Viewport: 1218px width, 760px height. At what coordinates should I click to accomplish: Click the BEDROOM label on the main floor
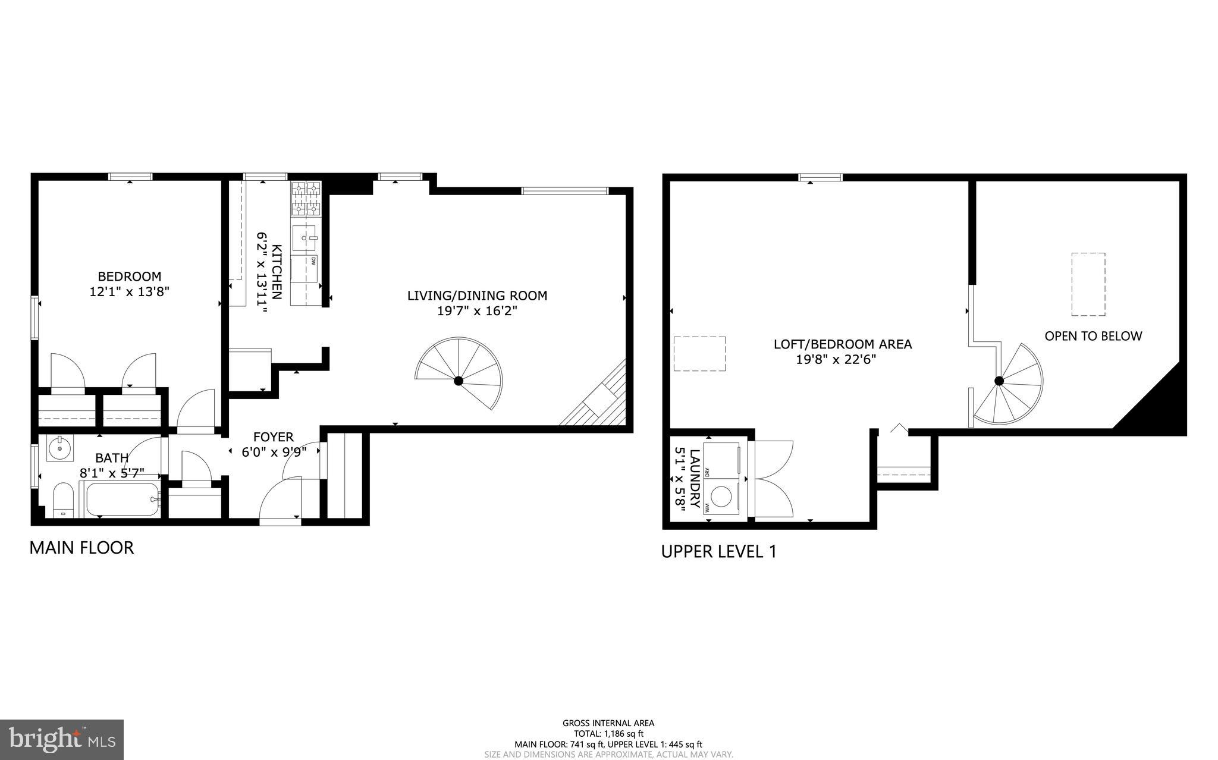click(x=129, y=277)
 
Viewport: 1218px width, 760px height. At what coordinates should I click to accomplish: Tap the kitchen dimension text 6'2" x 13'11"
click(x=262, y=273)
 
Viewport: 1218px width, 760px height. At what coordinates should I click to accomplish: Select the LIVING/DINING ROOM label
click(x=477, y=296)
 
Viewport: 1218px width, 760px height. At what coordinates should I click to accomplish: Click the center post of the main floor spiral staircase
click(x=459, y=381)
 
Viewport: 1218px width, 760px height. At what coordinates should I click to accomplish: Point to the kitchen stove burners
click(x=306, y=199)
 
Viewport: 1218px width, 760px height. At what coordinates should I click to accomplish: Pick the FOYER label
click(x=274, y=437)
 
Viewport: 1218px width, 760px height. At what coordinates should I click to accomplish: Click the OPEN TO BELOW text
click(x=1093, y=336)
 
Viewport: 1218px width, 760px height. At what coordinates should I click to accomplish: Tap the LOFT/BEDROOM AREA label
click(x=842, y=344)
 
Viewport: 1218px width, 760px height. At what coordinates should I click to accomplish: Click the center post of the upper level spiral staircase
click(x=999, y=381)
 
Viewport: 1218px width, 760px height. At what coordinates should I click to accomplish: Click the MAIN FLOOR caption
click(x=81, y=548)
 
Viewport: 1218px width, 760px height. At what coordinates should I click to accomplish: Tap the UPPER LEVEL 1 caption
click(x=718, y=552)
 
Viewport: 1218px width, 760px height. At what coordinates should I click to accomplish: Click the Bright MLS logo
click(x=62, y=739)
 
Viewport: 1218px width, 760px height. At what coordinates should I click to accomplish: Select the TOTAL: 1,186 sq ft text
click(x=608, y=734)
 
